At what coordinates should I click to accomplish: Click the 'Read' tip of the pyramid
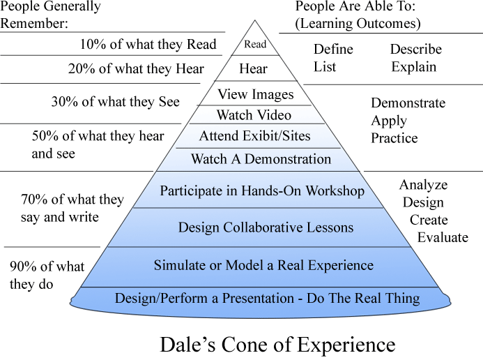(254, 45)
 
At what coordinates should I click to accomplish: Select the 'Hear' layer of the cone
(253, 69)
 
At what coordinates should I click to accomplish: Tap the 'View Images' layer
(256, 94)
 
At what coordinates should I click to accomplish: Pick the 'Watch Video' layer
(254, 115)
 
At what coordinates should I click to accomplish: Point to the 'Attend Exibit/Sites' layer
(254, 136)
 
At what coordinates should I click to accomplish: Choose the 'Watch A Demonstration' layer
(261, 159)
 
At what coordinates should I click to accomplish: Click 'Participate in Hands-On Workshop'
(262, 190)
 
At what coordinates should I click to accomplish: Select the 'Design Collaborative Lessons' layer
(266, 227)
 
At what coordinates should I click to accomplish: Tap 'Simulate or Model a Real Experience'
(263, 266)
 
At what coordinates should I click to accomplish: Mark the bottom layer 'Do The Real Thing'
(267, 299)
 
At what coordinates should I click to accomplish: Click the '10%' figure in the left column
(93, 44)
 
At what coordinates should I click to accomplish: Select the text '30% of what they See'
(115, 102)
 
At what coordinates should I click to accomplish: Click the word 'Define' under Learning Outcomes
(333, 50)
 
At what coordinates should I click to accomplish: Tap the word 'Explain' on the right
(413, 67)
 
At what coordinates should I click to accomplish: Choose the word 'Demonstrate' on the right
(408, 103)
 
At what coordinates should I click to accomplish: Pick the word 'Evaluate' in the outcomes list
(443, 237)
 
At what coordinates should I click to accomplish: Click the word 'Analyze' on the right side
(423, 186)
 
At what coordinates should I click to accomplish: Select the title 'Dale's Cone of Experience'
(277, 345)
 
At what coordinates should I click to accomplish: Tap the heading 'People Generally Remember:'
(50, 15)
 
